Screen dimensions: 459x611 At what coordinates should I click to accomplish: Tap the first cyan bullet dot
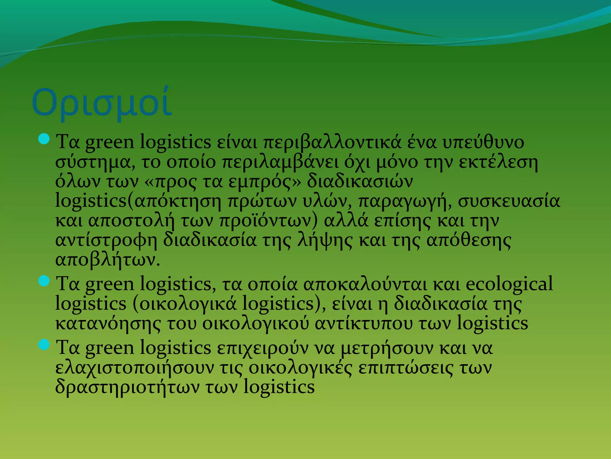[44, 139]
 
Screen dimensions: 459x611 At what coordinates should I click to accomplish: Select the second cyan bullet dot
[44, 281]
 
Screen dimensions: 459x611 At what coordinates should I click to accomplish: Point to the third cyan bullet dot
[44, 345]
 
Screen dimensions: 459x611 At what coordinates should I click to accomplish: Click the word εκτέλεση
[498, 162]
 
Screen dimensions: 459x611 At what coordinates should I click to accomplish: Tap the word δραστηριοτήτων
[127, 387]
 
